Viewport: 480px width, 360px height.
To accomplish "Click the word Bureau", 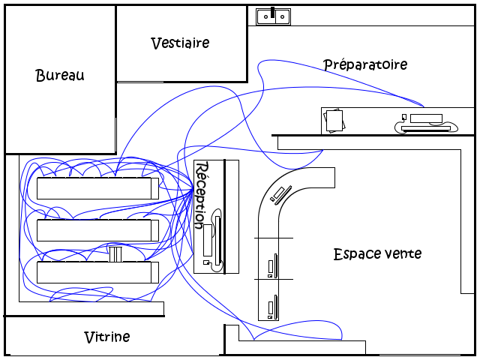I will [60, 75].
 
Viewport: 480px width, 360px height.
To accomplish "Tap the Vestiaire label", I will [180, 43].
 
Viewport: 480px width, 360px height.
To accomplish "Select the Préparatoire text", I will [365, 64].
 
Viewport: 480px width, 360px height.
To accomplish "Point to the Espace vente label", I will [377, 254].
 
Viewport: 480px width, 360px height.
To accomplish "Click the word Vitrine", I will [106, 337].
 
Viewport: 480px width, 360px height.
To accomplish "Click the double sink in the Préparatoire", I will [273, 16].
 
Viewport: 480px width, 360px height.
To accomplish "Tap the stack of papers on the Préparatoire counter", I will [334, 120].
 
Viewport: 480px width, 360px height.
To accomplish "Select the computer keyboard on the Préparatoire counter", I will [426, 128].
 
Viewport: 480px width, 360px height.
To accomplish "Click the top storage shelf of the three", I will [97, 187].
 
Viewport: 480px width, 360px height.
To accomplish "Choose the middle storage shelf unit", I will [97, 229].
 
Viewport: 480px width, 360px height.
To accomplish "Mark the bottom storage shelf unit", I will [97, 271].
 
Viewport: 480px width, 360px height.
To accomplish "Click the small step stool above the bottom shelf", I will [115, 253].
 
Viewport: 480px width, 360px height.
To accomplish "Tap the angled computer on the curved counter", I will [281, 194].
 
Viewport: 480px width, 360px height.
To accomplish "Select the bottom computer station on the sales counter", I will [273, 306].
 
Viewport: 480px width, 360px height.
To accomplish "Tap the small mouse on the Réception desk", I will [206, 262].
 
